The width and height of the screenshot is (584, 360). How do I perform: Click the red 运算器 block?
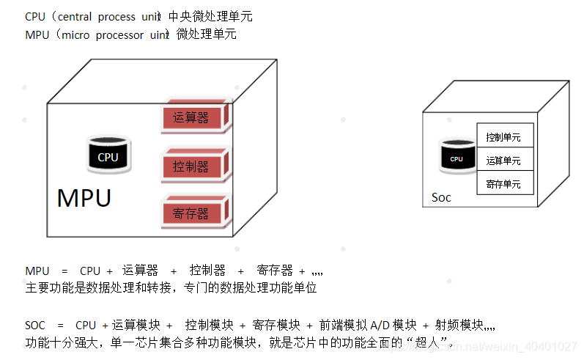point(194,118)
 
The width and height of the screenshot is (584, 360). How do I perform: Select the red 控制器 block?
point(194,166)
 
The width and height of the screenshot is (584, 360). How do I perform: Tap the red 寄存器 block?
point(194,213)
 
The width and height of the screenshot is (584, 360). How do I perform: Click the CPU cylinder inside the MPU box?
point(108,155)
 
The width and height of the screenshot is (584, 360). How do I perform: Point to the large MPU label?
point(84,198)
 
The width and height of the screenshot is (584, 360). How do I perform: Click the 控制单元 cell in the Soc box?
point(503,137)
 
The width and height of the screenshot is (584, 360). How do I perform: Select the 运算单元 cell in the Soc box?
point(503,161)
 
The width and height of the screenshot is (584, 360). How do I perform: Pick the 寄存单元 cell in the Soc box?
point(503,184)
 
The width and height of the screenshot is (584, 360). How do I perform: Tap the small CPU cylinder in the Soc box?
point(457,158)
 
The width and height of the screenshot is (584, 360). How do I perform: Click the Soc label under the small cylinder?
point(441,198)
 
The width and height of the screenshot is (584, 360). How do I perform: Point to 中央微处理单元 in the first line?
point(210,16)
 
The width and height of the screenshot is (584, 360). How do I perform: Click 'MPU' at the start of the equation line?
point(37,271)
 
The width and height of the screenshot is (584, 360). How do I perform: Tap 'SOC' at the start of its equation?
point(35,325)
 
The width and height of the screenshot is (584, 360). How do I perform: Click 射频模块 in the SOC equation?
point(459,325)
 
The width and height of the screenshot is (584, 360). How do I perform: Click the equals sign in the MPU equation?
point(64,271)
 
